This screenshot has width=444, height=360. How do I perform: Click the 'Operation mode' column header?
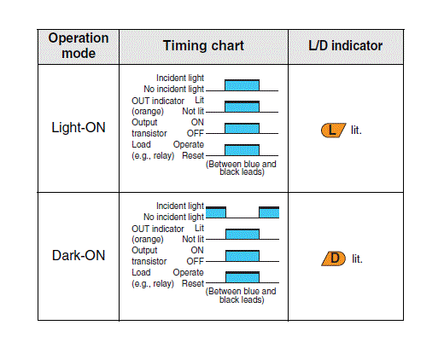(x=79, y=46)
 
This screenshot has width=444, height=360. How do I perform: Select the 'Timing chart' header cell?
(x=203, y=46)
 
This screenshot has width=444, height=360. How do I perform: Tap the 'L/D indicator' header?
(x=346, y=46)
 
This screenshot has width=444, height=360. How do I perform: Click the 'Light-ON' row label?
(x=79, y=127)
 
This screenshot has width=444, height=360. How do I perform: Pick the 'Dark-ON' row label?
(x=79, y=255)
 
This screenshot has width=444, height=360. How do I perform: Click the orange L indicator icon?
(x=333, y=131)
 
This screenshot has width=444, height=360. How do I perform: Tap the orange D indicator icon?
(x=334, y=258)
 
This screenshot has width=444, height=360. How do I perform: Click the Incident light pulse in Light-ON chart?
(x=242, y=85)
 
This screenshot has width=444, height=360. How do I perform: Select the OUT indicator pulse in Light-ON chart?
(x=242, y=107)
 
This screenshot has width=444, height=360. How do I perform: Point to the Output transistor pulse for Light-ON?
(x=242, y=128)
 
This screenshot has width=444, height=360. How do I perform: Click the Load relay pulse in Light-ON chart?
(x=242, y=150)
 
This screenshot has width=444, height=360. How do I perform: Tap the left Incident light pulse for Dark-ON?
(x=216, y=212)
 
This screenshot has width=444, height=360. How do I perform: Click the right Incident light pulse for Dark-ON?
(x=269, y=212)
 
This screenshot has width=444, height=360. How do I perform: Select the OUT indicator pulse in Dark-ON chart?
(x=242, y=234)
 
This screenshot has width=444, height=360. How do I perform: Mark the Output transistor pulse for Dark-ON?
(x=242, y=256)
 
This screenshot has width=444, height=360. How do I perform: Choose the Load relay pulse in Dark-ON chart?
(x=242, y=277)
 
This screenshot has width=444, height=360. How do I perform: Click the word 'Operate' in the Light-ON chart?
(x=189, y=145)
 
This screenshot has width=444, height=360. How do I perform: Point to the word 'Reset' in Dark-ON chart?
(x=193, y=283)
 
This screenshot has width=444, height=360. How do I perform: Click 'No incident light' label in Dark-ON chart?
(x=173, y=217)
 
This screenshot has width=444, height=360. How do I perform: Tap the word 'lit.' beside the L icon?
(x=356, y=131)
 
